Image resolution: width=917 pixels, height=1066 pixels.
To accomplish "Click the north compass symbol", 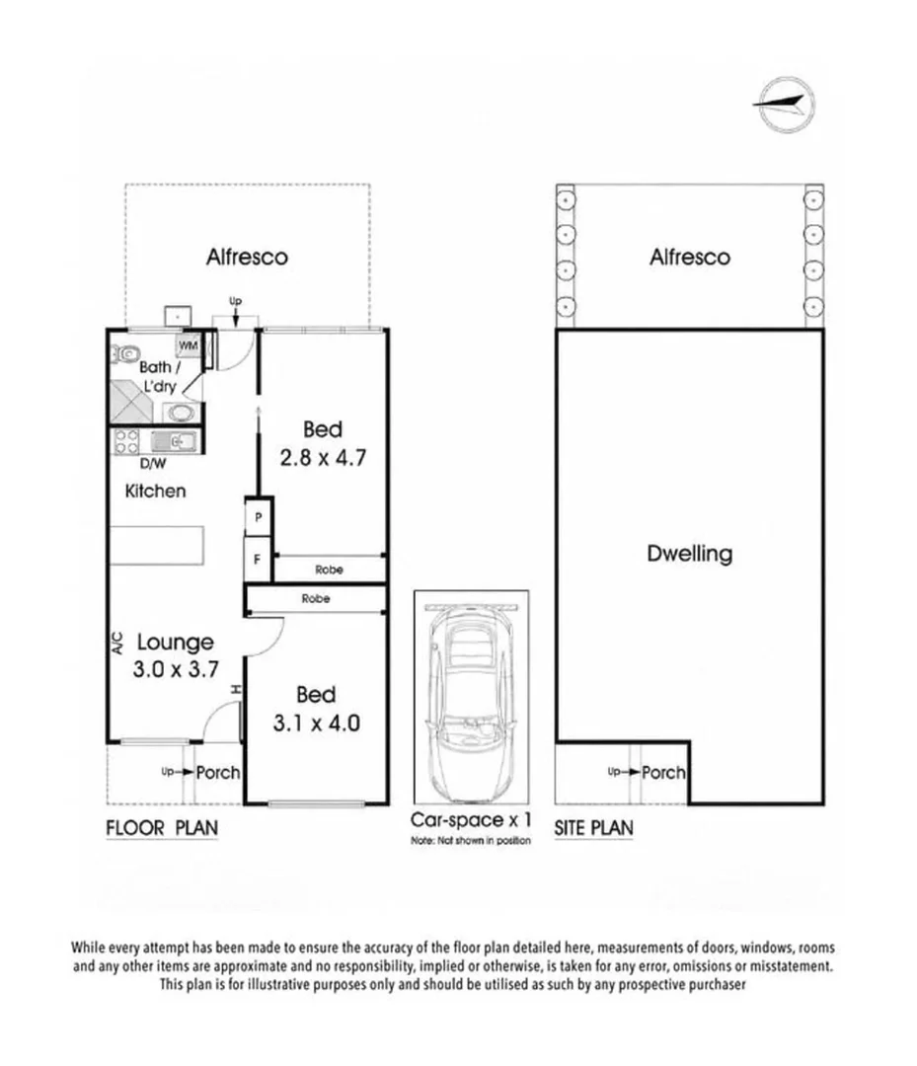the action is (787, 104).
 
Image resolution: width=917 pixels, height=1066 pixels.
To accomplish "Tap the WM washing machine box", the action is (189, 345).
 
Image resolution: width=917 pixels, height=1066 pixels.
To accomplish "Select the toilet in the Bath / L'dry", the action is (125, 353).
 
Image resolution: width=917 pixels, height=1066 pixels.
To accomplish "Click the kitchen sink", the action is (175, 442).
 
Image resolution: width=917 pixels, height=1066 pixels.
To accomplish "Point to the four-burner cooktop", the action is (126, 442).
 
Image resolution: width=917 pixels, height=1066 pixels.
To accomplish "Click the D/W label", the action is (153, 464).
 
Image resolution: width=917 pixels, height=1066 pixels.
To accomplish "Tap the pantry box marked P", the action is (259, 517).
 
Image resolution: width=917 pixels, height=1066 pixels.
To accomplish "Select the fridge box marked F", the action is (258, 560).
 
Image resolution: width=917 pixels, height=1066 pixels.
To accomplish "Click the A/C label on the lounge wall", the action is (117, 643).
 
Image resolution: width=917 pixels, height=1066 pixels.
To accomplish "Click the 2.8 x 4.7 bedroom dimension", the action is (323, 458).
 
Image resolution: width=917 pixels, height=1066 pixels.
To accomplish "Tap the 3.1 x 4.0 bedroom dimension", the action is (317, 723).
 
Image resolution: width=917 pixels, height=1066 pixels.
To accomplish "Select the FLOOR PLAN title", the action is (162, 828).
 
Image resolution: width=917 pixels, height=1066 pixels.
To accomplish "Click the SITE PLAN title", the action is (593, 828).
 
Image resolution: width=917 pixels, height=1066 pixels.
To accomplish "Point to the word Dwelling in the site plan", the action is (690, 554).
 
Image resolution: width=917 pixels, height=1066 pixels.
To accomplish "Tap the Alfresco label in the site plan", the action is (690, 257).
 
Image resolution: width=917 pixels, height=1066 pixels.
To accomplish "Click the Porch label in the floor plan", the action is (218, 772).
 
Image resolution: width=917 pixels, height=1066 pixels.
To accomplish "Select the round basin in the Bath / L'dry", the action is (182, 413).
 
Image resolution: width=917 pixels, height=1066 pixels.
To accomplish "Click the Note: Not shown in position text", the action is (471, 841).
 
